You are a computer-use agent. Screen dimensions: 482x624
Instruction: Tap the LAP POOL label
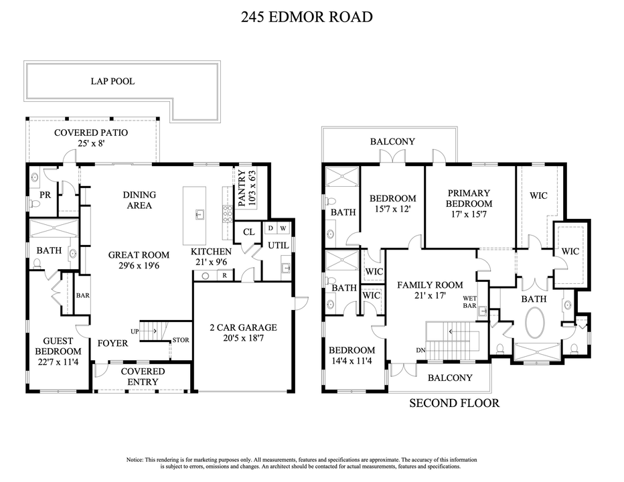(112, 82)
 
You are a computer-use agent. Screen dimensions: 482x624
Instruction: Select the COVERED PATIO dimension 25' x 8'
(91, 144)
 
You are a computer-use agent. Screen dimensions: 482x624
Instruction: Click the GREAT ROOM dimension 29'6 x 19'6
(139, 266)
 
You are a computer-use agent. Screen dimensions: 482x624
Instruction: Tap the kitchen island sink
(200, 215)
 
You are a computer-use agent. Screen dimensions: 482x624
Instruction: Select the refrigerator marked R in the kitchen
(224, 275)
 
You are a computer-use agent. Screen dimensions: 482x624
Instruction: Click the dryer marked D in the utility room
(270, 228)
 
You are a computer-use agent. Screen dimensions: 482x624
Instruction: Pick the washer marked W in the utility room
(283, 228)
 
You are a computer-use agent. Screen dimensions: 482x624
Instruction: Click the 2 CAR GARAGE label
(242, 327)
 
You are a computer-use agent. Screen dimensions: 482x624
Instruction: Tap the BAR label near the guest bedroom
(83, 295)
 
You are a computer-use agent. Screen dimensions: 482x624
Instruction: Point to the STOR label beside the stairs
(180, 340)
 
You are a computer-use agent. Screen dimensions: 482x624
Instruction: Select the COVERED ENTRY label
(143, 377)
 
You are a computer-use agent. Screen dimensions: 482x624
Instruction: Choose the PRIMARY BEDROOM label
(469, 198)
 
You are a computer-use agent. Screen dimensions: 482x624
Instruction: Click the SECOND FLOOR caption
(454, 403)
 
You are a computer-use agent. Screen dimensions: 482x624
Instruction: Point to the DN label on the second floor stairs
(420, 349)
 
